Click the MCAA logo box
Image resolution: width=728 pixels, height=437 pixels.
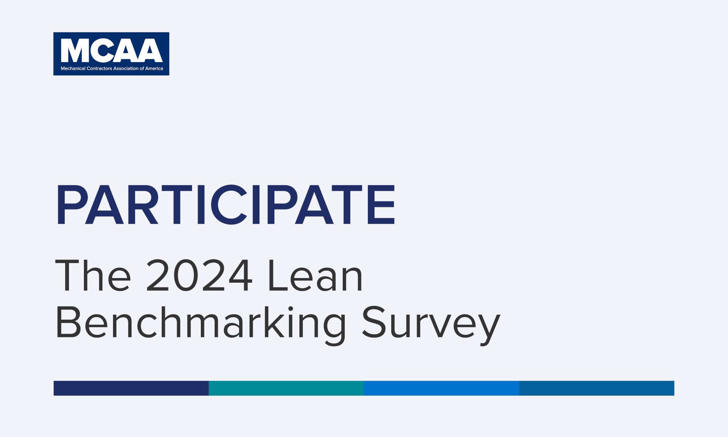point(111,54)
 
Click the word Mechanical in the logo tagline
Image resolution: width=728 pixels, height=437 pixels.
point(73,68)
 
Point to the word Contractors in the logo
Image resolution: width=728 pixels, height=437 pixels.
point(99,68)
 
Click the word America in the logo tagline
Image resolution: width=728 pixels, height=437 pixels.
point(154,68)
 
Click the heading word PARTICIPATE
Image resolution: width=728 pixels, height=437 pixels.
point(226,204)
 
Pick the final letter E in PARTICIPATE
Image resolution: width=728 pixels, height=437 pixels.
point(381,204)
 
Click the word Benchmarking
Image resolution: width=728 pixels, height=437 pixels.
point(200,324)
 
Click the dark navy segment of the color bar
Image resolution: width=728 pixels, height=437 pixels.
point(131,388)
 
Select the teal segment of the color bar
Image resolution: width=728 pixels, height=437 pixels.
point(286,388)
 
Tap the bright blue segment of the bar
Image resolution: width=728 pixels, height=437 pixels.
point(441,388)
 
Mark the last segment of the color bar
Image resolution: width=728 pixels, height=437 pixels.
point(597,388)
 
